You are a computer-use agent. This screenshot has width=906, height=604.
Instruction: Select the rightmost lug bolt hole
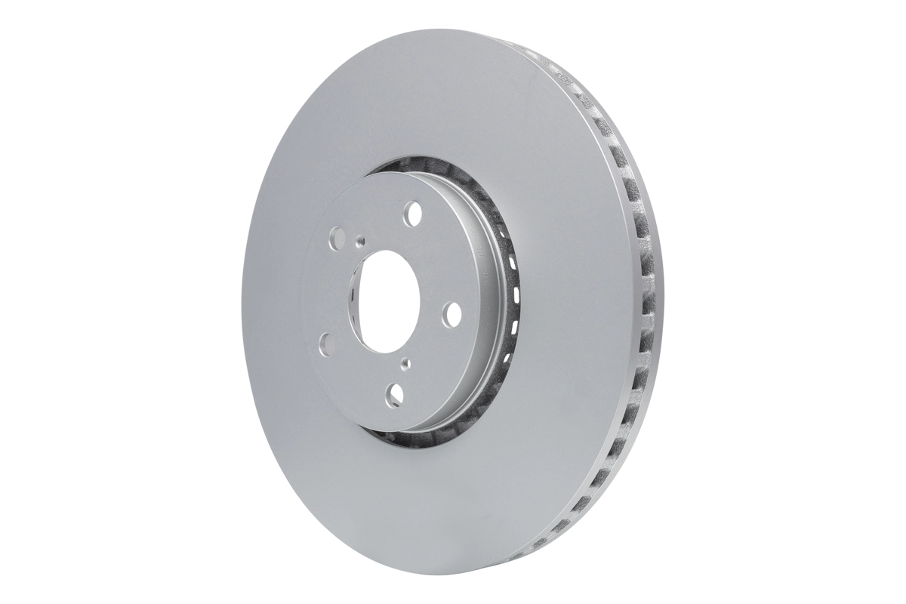tap(452, 313)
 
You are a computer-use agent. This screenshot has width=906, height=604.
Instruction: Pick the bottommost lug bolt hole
tap(395, 393)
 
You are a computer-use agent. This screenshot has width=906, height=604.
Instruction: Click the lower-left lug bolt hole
tap(325, 344)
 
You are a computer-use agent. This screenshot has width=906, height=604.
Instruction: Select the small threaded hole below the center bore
tap(405, 363)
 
